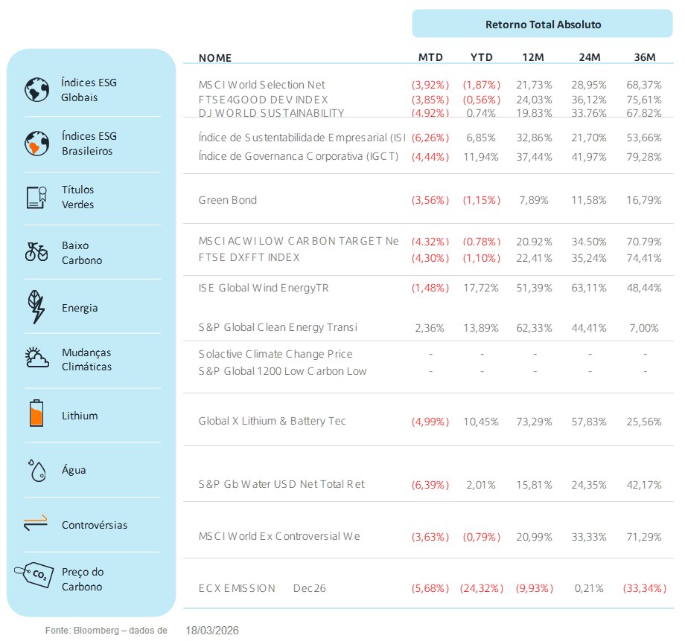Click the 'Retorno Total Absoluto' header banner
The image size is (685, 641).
click(543, 25)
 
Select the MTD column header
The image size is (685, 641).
click(430, 58)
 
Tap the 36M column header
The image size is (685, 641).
click(644, 58)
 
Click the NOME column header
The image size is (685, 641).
click(215, 58)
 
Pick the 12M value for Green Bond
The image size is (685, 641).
click(535, 201)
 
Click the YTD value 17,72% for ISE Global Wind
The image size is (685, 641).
click(482, 288)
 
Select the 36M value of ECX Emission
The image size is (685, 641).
click(644, 589)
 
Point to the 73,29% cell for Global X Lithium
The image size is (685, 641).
click(535, 422)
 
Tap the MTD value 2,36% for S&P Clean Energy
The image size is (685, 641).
click(430, 328)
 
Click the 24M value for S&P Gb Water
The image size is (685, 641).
click(590, 485)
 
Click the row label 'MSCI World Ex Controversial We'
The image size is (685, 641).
click(279, 537)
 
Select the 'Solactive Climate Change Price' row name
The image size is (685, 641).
click(275, 355)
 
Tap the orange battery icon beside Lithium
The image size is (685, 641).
click(36, 413)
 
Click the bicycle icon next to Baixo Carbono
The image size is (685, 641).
click(36, 252)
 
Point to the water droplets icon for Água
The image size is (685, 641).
click(36, 470)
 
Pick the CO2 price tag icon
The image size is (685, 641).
click(34, 576)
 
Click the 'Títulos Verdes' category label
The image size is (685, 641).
click(77, 197)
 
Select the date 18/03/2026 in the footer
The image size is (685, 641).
click(212, 630)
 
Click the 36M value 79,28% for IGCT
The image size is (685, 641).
click(644, 157)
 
